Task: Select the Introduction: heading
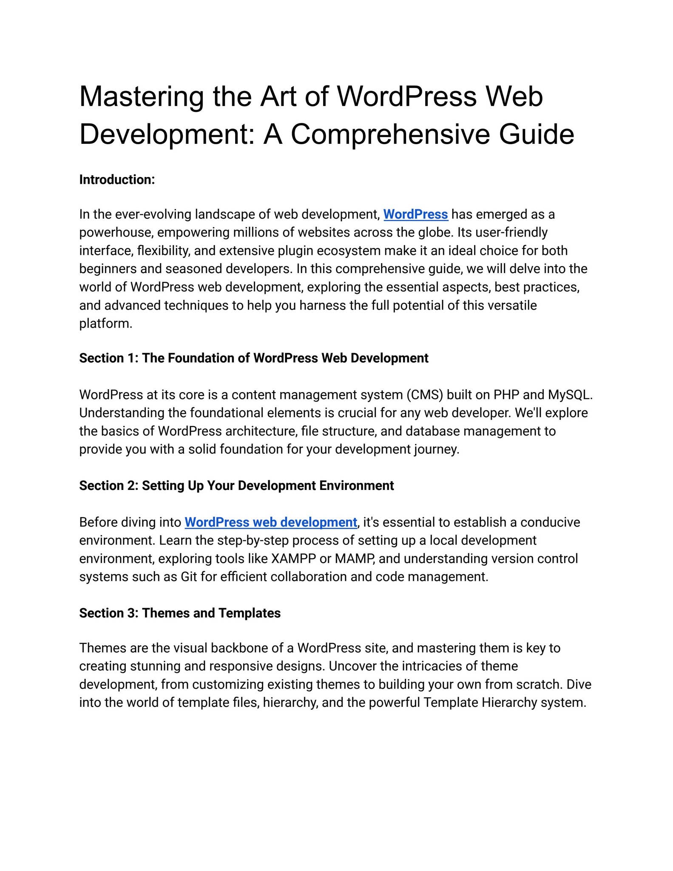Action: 117,180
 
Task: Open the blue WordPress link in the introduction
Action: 415,214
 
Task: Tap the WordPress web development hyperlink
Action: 271,522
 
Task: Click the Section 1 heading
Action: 253,358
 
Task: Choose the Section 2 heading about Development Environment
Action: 236,486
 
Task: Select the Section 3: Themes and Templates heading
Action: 180,613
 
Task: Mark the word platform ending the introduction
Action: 105,324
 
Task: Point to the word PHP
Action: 506,395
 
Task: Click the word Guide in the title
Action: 537,134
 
